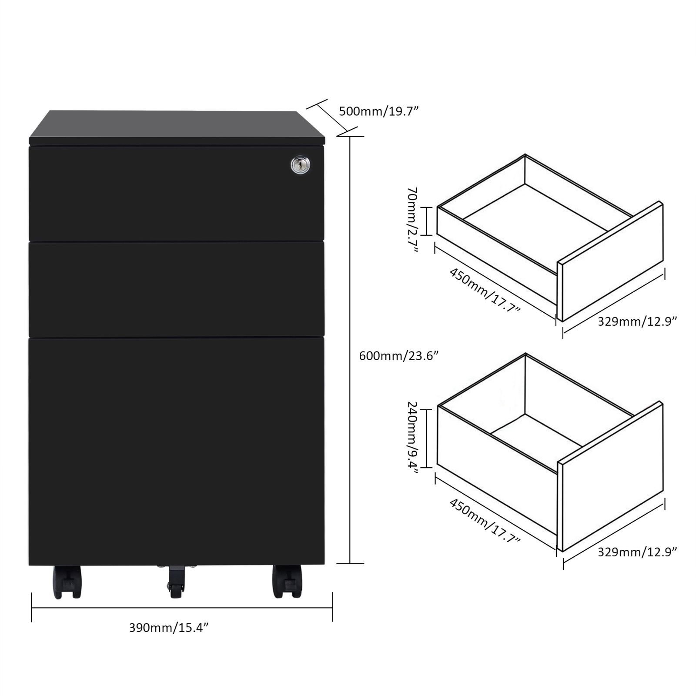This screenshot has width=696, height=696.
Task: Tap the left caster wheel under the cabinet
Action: coord(67,582)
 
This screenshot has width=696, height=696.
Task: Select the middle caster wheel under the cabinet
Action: coord(176,581)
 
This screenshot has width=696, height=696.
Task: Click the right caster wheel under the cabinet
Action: coord(287,582)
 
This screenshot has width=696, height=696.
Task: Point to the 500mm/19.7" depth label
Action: coord(378,111)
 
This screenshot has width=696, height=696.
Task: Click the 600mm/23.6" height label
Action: coord(398,356)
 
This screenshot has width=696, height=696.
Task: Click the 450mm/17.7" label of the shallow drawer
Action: coord(484,290)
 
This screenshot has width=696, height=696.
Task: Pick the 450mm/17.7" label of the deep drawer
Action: coord(484,521)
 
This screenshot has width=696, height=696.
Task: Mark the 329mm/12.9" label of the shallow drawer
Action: coord(637,321)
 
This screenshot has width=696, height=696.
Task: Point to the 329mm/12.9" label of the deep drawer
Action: coord(637,552)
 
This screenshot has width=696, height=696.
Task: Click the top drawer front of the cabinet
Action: coord(177,194)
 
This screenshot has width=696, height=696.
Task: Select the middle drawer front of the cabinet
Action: coord(177,289)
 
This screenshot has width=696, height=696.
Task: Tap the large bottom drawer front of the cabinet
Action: coord(177,451)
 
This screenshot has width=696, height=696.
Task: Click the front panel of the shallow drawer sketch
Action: coord(610,261)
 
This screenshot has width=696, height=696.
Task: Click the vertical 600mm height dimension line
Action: coord(350,350)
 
